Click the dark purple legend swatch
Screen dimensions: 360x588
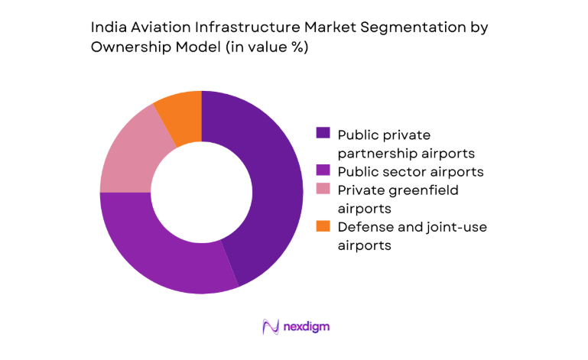tap(323, 133)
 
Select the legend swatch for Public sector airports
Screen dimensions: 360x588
tap(323, 170)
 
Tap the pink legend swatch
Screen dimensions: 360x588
tap(323, 190)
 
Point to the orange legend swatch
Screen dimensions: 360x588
tap(323, 226)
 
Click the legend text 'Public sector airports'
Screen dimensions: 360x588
tap(410, 170)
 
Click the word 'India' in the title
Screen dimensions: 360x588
tap(107, 28)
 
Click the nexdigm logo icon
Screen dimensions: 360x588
tap(270, 327)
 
